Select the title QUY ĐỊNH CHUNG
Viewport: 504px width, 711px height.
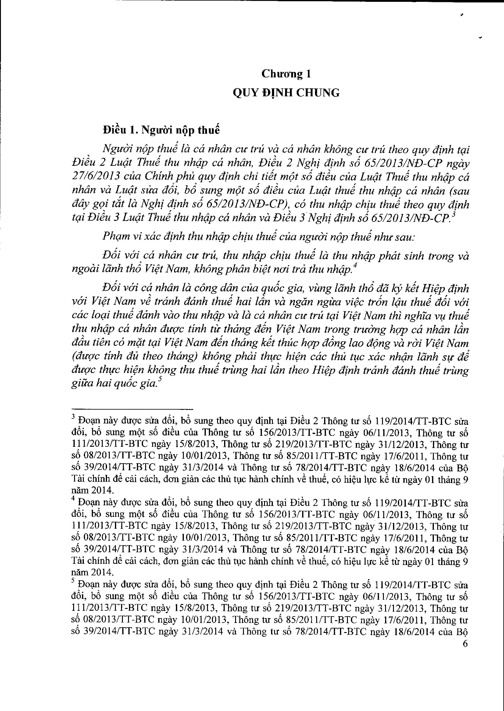tap(286, 93)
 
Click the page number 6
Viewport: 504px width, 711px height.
tap(465, 644)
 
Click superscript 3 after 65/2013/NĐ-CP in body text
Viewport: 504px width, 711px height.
tap(453, 215)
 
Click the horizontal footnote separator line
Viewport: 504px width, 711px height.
tap(132, 409)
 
